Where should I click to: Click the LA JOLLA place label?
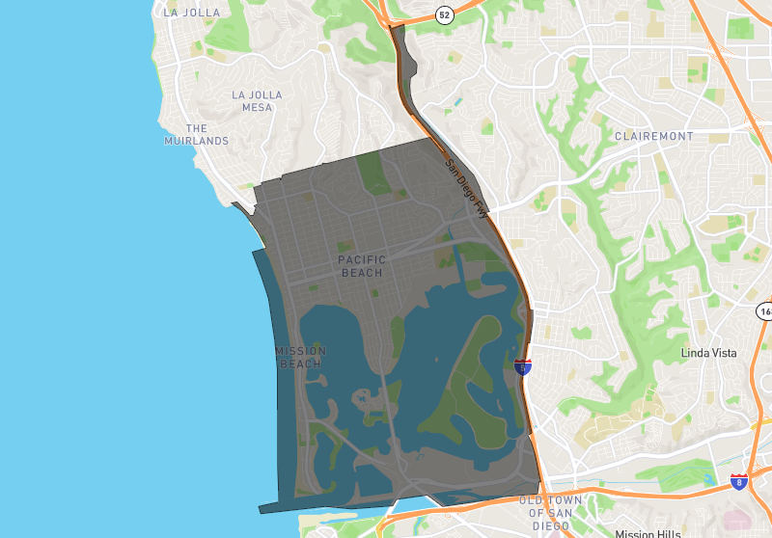(x=191, y=13)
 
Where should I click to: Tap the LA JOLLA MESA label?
(x=258, y=100)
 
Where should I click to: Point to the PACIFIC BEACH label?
(x=362, y=266)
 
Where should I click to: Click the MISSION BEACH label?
(x=300, y=357)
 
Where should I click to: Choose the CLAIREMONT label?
(x=653, y=136)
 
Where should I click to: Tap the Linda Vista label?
(x=708, y=353)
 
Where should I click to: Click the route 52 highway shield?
(x=443, y=14)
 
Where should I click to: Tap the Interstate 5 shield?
(x=522, y=365)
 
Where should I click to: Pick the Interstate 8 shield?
(x=739, y=481)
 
